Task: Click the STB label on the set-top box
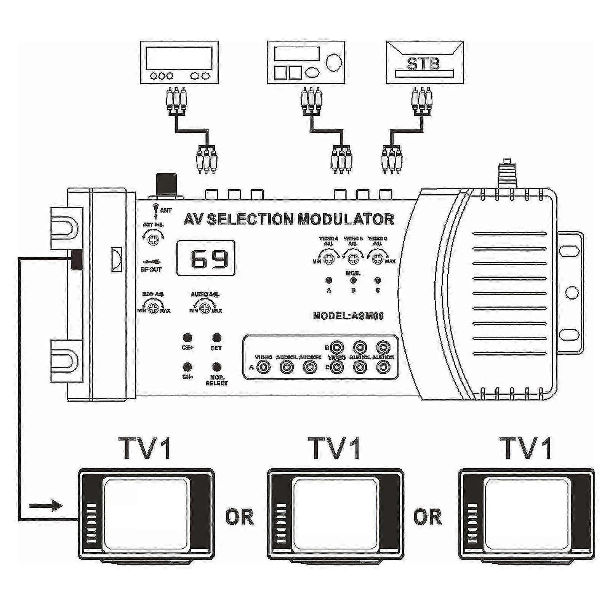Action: pos(423,63)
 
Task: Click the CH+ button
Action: pos(187,338)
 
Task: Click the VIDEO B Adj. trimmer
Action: pos(353,259)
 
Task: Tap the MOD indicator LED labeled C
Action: pos(378,281)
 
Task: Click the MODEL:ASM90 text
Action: pos(348,316)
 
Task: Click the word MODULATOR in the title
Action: pos(346,219)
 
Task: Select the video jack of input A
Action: pos(264,367)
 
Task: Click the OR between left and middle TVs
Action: pos(239,517)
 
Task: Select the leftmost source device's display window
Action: pos(179,58)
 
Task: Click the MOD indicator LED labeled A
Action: pos(329,281)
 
